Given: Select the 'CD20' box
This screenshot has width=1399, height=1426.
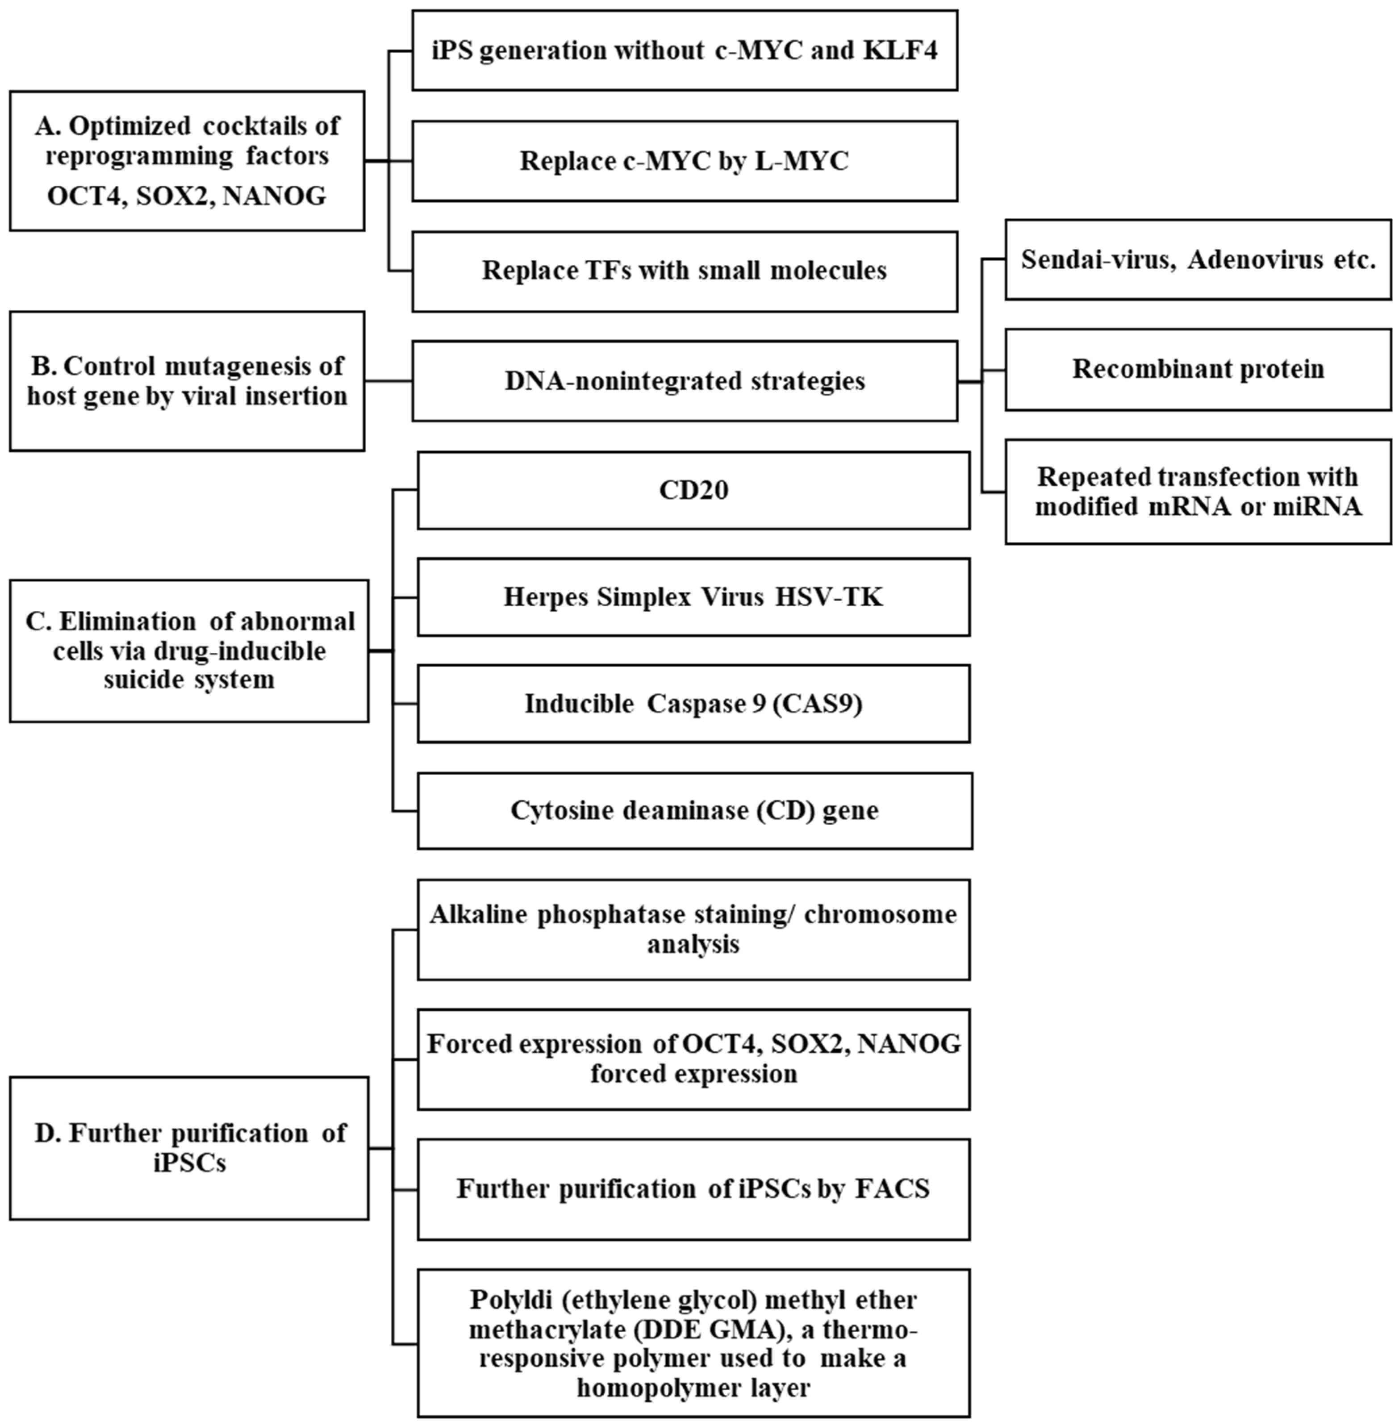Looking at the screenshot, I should pyautogui.click(x=693, y=490).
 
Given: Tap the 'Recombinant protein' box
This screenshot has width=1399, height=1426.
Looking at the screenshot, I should pyautogui.click(x=1198, y=369).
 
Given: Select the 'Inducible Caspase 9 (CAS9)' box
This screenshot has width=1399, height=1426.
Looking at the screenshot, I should pyautogui.click(x=693, y=704).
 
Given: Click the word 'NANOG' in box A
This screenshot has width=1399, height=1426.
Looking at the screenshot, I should pyautogui.click(x=274, y=196).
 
